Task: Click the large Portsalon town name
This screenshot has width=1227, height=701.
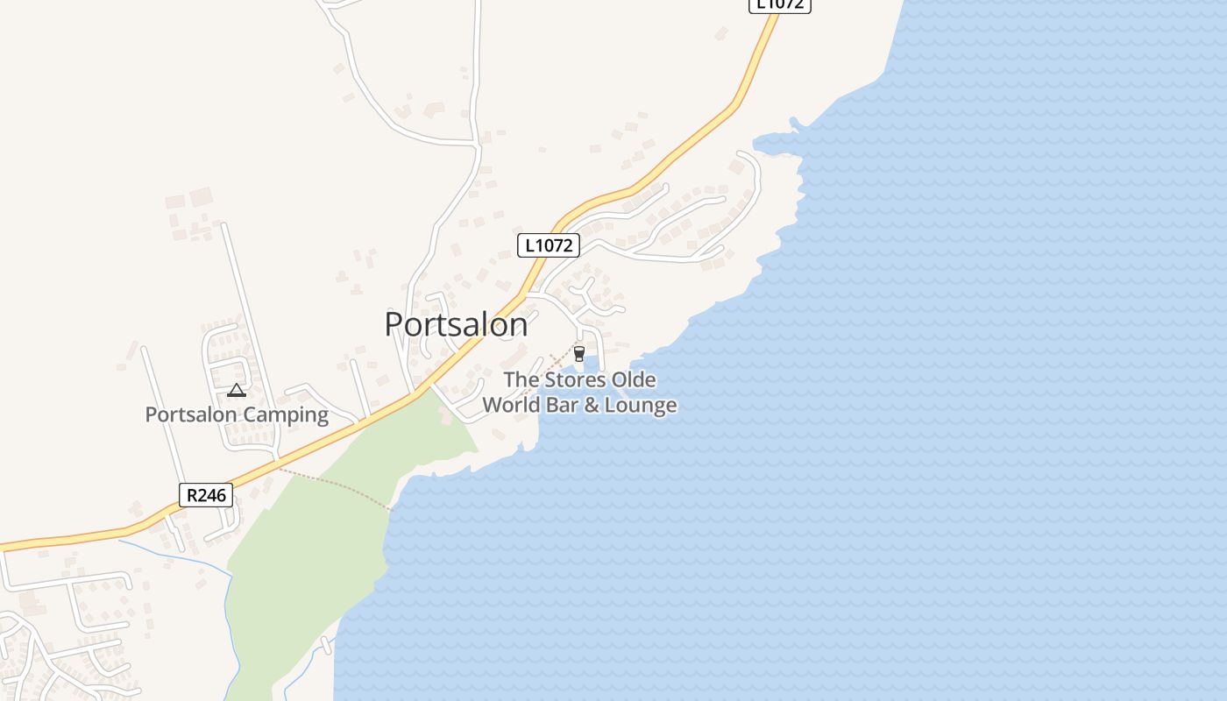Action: point(456,325)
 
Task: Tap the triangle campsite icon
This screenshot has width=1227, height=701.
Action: point(236,391)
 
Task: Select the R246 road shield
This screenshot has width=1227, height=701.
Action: point(206,495)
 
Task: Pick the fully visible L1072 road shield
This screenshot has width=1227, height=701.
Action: point(550,245)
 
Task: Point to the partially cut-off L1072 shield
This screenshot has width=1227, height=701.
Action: point(779,4)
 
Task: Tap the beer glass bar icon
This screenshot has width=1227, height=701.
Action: point(578,353)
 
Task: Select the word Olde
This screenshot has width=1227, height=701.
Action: point(634,380)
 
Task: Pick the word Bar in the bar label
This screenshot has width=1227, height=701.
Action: point(561,405)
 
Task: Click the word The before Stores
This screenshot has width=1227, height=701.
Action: point(521,380)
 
